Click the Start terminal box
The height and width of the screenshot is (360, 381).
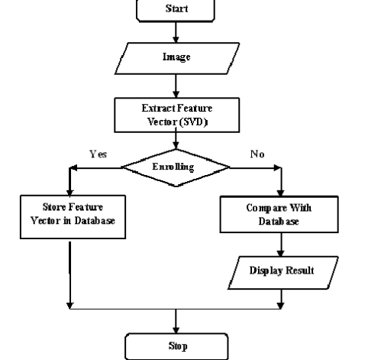coord(176,10)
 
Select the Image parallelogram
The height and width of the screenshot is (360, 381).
coord(177,58)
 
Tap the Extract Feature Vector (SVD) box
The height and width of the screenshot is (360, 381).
coord(177,115)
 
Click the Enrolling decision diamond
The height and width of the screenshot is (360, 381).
coord(176,167)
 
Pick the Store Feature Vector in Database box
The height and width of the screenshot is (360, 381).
coord(73,217)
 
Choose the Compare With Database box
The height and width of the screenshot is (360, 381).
coord(279,214)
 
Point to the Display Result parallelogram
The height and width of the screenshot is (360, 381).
coord(283,273)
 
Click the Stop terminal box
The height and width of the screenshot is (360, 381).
coord(176,346)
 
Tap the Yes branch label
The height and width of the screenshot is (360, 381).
coord(98,154)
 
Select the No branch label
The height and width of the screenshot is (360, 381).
coord(257,154)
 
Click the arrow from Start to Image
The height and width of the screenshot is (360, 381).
coord(176,32)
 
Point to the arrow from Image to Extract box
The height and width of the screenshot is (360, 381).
coord(176,86)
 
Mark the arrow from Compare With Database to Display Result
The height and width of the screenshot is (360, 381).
coord(281,245)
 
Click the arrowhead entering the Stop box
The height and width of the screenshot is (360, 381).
coord(176,330)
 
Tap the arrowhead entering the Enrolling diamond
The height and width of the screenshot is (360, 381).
coord(176,146)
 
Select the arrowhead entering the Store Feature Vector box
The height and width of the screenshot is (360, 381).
coord(70,193)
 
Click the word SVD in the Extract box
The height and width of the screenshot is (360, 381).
coord(194,122)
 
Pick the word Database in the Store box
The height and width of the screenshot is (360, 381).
coord(95,221)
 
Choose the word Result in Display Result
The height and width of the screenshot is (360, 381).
coord(300,271)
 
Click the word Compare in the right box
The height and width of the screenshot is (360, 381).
coord(266,209)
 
